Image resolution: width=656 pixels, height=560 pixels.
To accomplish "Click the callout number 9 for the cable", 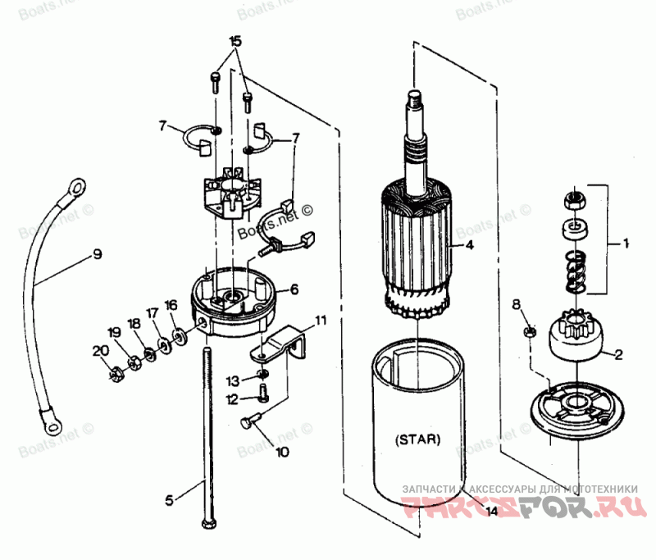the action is click(x=97, y=254).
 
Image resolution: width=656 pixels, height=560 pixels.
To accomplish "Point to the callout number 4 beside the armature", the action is click(x=468, y=245).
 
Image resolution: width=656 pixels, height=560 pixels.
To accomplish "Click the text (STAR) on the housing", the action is click(x=417, y=439).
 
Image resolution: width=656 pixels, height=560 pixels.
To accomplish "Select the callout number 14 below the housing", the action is click(x=490, y=512).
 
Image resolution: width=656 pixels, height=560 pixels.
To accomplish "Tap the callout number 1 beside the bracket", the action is click(x=626, y=244).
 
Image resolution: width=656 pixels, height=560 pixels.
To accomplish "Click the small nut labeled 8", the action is click(x=530, y=332).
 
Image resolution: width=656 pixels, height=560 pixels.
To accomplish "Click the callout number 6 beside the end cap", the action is click(x=294, y=289).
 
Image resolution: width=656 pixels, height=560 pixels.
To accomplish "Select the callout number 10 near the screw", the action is click(x=282, y=451).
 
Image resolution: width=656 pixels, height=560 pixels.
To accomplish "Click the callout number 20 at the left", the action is click(x=99, y=350).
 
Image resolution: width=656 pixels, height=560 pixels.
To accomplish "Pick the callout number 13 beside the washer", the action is click(x=234, y=380).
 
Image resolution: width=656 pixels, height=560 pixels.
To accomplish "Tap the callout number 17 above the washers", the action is click(x=152, y=312).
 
